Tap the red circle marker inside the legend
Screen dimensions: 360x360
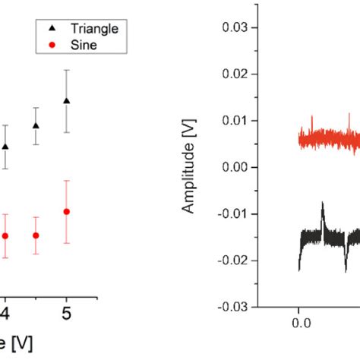coord(51,46)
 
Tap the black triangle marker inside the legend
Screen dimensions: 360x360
coord(51,28)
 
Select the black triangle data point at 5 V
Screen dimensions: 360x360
coord(66,100)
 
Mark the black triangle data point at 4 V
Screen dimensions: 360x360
coord(5,146)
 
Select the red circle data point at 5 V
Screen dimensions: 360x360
coord(66,211)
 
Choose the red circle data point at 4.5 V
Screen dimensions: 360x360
coord(36,235)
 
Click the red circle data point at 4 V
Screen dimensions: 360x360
coord(5,235)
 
